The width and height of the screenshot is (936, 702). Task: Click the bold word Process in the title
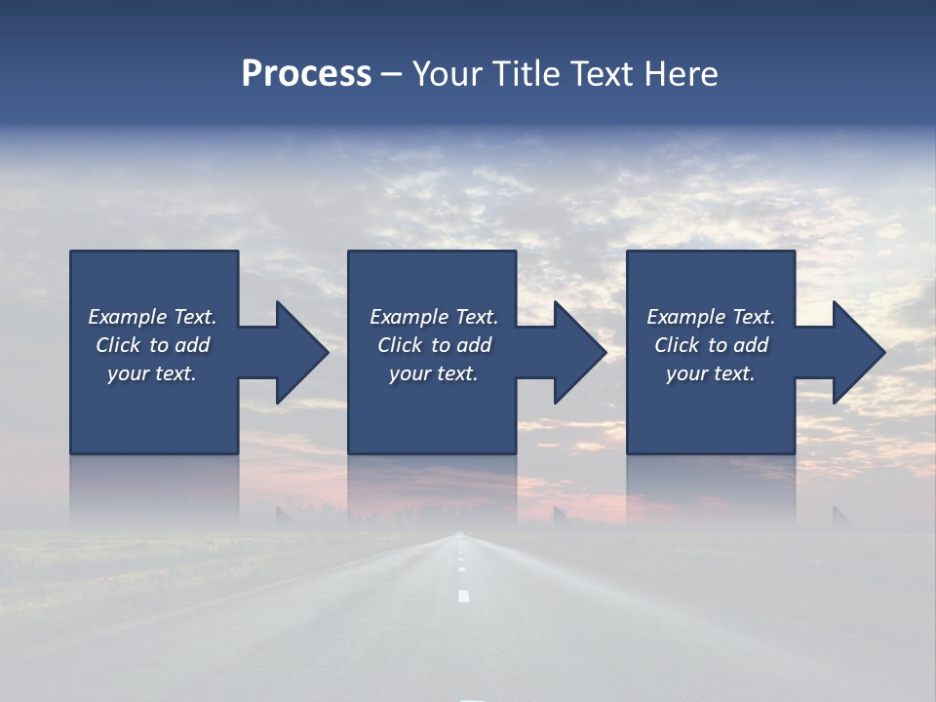306,74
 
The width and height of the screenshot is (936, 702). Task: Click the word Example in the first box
128,317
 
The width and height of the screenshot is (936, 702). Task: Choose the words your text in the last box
710,373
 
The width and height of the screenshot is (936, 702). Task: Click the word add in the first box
192,345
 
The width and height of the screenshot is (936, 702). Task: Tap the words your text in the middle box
433,373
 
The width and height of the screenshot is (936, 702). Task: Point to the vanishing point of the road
460,533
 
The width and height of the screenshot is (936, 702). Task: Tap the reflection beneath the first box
154,487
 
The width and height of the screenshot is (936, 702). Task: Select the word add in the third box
751,345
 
